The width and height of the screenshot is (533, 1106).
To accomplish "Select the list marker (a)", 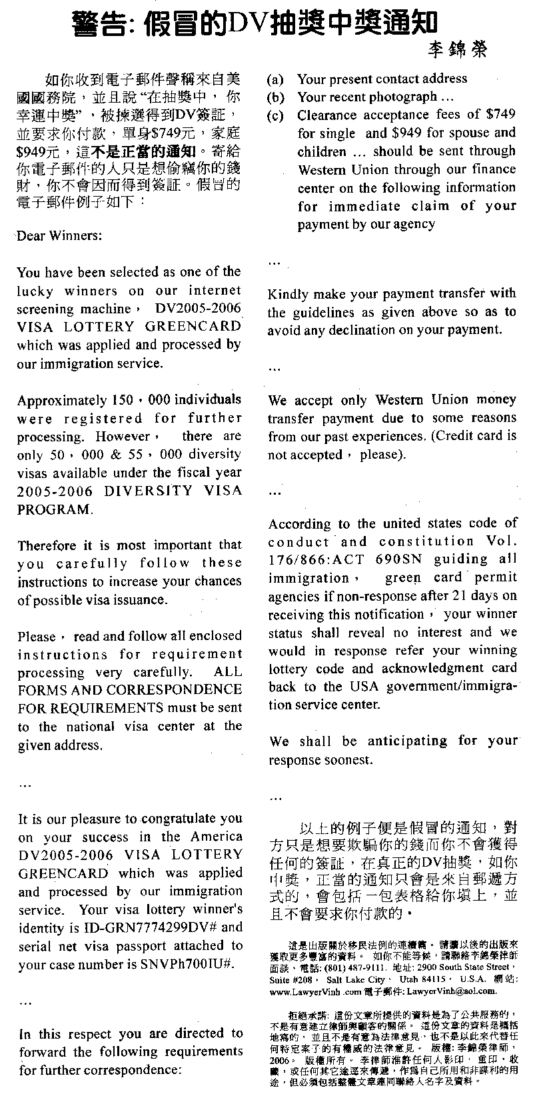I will [x=274, y=79].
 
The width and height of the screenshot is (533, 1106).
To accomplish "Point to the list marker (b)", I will [x=275, y=97].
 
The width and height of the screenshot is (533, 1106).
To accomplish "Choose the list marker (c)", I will [x=274, y=115].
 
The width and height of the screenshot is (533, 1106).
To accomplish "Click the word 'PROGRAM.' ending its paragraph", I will [x=53, y=509].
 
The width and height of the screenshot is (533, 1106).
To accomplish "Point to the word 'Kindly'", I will [x=288, y=294].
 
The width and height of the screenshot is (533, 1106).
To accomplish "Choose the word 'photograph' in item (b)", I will [x=398, y=97].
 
